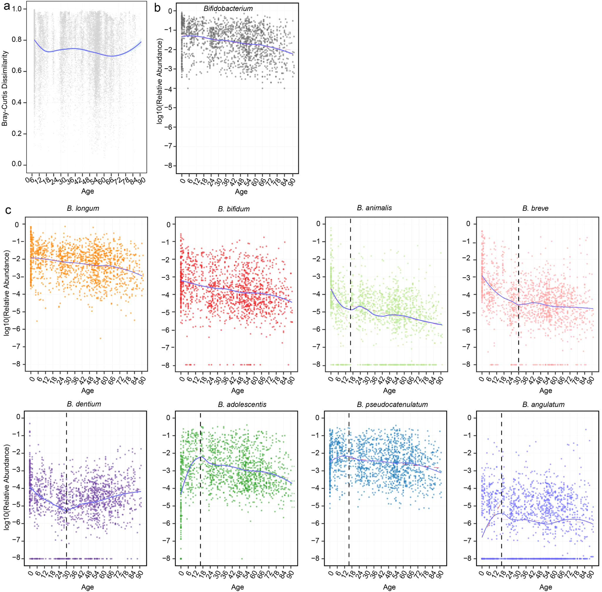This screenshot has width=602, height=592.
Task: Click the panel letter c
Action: [8, 211]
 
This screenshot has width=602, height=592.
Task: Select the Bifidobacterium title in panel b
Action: [228, 9]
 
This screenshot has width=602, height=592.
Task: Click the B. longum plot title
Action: [83, 208]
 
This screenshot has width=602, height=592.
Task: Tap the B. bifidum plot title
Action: [234, 209]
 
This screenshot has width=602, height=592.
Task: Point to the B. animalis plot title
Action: [374, 208]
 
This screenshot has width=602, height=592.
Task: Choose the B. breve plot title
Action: [535, 208]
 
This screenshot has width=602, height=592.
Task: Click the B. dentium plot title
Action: [84, 404]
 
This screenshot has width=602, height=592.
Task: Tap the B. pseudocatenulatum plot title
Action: [392, 405]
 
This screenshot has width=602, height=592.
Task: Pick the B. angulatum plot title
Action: [543, 405]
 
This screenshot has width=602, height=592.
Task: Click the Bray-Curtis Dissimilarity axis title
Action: [5, 89]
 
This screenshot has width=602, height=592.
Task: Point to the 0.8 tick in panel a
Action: [17, 40]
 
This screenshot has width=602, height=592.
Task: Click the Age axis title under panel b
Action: [241, 191]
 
